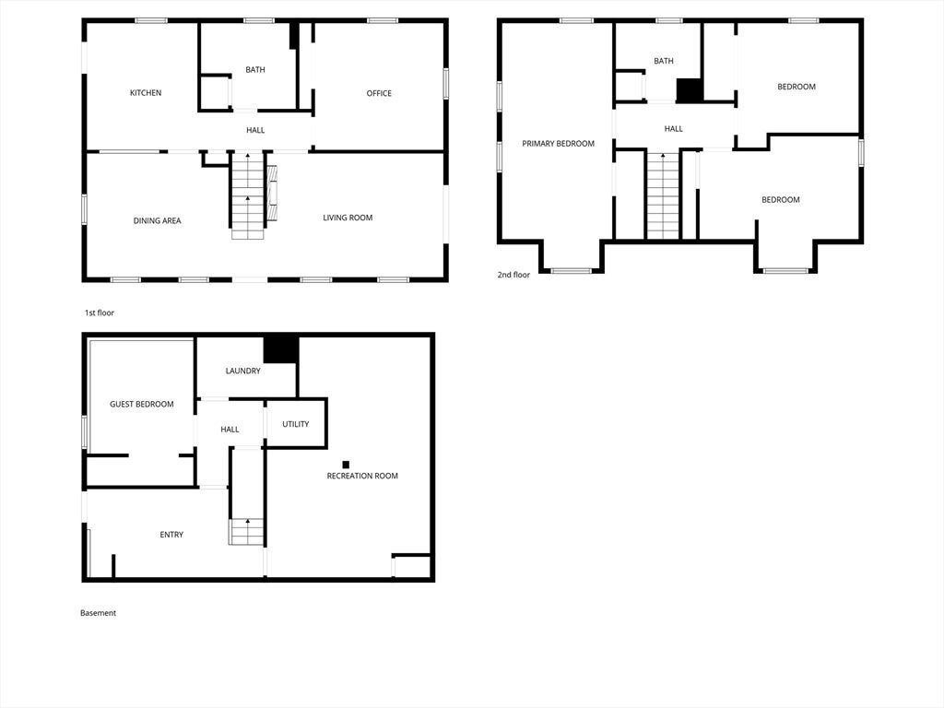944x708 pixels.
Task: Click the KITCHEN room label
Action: pos(146,93)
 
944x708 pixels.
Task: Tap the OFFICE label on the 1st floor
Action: pos(379,93)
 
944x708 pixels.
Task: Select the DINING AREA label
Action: pos(157,221)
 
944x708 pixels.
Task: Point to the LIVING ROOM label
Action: pos(348,218)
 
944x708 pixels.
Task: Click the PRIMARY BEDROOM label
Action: pos(558,144)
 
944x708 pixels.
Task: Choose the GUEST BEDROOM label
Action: pos(141,405)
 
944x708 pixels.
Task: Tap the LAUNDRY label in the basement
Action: pos(243,371)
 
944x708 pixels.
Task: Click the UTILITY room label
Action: pos(296,424)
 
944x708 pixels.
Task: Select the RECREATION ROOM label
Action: pos(362,477)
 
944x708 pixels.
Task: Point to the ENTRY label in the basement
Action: pos(171,535)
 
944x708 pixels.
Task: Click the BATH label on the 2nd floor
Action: pos(664,61)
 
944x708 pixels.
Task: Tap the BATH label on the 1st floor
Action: pos(255,70)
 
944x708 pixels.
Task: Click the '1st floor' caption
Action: pos(100,313)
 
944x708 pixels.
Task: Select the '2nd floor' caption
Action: pos(513,275)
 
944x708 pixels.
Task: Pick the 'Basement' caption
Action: pos(98,613)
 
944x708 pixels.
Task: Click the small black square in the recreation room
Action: pos(347,465)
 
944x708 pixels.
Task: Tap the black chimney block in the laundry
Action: pos(281,349)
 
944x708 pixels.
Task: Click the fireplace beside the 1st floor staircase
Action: pos(272,193)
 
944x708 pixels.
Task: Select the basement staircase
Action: pos(246,532)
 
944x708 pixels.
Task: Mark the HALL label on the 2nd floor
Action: pos(674,129)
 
